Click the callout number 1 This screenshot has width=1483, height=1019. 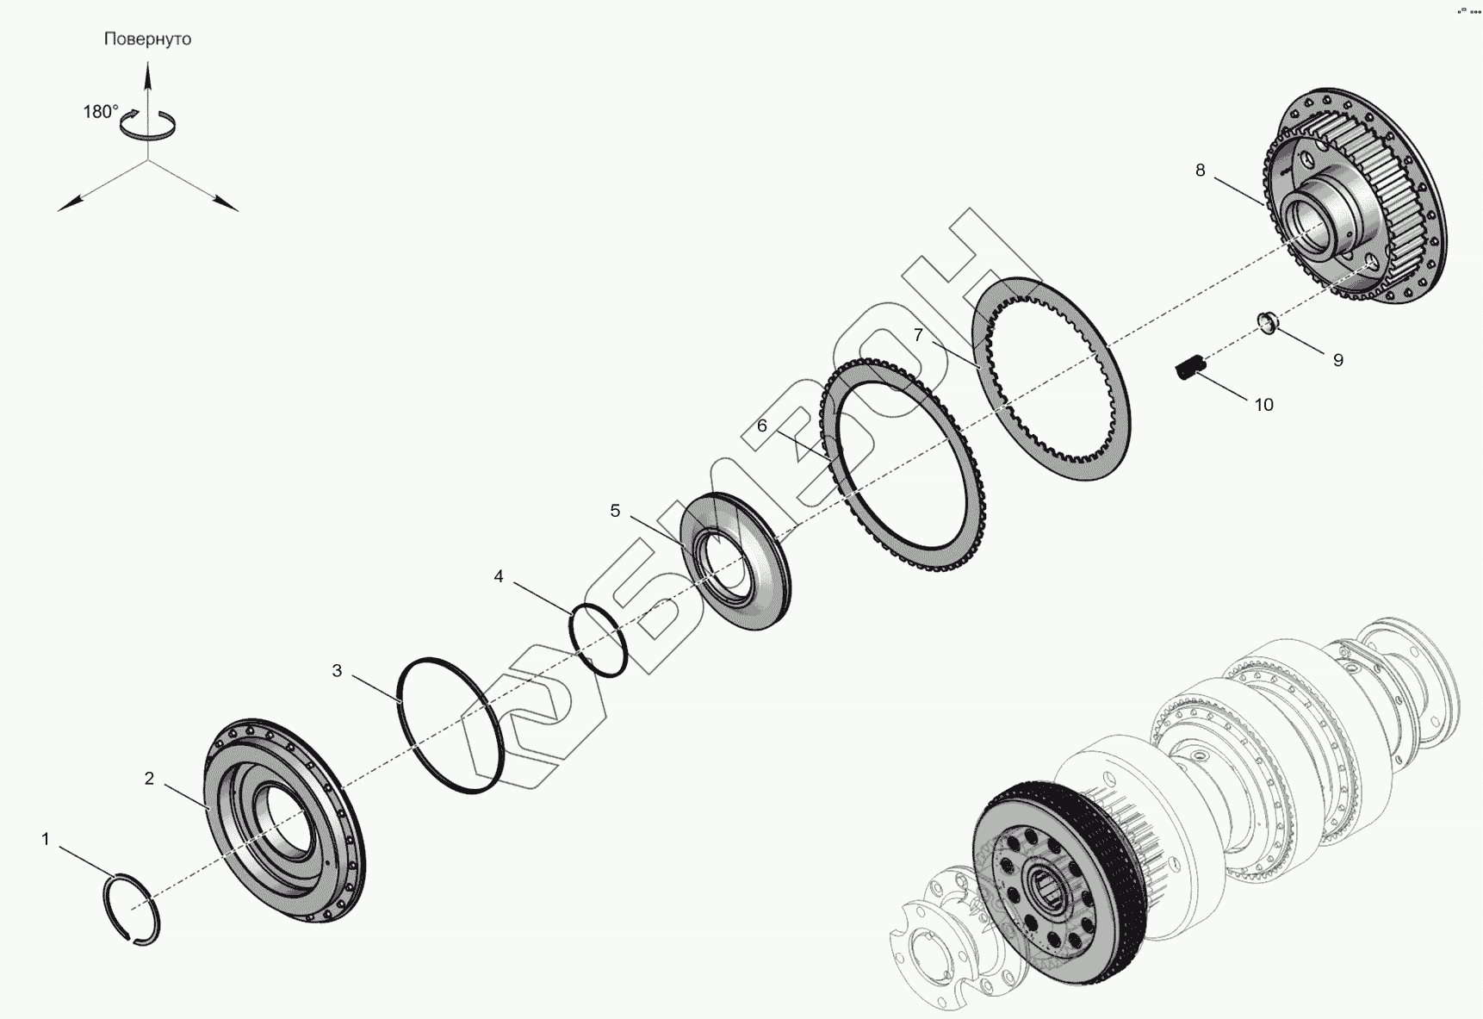(46, 839)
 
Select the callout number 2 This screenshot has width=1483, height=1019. (149, 779)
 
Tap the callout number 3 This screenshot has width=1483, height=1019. (337, 670)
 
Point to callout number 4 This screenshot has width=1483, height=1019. (499, 576)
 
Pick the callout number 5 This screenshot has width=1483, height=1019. (615, 511)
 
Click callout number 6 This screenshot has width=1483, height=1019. (762, 426)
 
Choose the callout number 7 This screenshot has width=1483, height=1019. (919, 335)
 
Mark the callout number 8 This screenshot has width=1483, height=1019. (1201, 171)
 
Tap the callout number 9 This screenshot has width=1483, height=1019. (1338, 360)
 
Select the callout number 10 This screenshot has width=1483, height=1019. (1263, 405)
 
